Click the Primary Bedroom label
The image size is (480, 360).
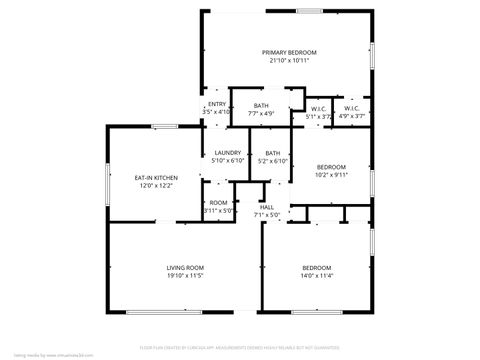tap(289, 52)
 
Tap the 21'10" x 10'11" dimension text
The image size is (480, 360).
tap(289, 60)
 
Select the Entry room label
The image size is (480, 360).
tap(216, 104)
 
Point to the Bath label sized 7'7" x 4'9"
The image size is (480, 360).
tap(261, 106)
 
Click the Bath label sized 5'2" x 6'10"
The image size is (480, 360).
tap(272, 153)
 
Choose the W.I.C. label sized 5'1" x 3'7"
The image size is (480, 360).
tap(318, 109)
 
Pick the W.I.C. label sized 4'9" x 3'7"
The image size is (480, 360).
tap(351, 109)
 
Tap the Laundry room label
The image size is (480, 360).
tap(229, 153)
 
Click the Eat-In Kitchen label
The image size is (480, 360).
tap(156, 178)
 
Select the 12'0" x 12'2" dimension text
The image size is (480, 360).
tap(156, 186)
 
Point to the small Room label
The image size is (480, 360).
tap(218, 203)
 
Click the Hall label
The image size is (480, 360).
tap(267, 207)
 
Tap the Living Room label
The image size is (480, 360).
tap(185, 267)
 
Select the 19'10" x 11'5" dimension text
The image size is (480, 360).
tap(185, 275)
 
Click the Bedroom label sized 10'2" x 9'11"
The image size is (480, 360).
tap(331, 166)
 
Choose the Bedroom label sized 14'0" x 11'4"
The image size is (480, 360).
tap(317, 267)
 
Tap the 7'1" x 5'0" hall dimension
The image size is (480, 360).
tap(267, 215)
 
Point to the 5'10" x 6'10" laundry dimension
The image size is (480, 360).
tap(229, 161)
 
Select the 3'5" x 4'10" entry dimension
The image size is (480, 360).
tap(216, 112)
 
